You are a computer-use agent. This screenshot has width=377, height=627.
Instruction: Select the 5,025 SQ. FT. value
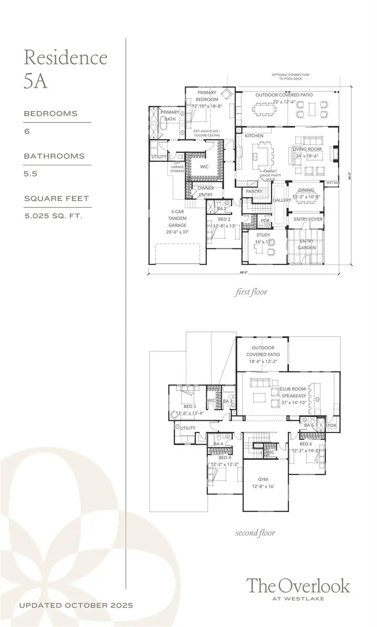click(x=53, y=216)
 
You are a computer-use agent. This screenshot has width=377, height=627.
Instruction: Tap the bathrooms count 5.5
click(x=31, y=174)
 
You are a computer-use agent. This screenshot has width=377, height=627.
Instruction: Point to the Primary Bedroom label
click(x=207, y=96)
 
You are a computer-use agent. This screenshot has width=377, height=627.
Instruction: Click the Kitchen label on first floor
click(x=254, y=136)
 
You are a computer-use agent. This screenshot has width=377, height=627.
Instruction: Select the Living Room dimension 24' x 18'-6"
click(x=307, y=156)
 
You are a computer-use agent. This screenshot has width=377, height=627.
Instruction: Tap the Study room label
click(x=263, y=235)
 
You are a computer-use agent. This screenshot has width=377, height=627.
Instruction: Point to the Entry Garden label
click(x=307, y=244)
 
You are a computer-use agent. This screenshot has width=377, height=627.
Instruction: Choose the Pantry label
click(x=254, y=191)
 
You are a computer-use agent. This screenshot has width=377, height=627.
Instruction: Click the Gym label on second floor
click(x=263, y=479)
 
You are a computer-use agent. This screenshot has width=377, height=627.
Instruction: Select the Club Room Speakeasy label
click(x=293, y=392)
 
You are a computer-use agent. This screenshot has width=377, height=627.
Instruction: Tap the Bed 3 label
click(x=189, y=406)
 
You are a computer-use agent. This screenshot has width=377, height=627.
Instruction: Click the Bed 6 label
click(x=305, y=444)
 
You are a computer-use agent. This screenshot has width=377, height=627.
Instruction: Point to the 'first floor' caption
click(x=250, y=292)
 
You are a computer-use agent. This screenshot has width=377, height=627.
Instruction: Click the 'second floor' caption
click(x=255, y=533)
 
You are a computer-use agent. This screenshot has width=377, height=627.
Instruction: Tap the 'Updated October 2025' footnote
click(x=76, y=605)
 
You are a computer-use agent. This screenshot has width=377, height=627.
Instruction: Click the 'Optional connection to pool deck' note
click(x=290, y=76)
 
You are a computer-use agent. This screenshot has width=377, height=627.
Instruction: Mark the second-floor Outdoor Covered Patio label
click(x=263, y=351)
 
